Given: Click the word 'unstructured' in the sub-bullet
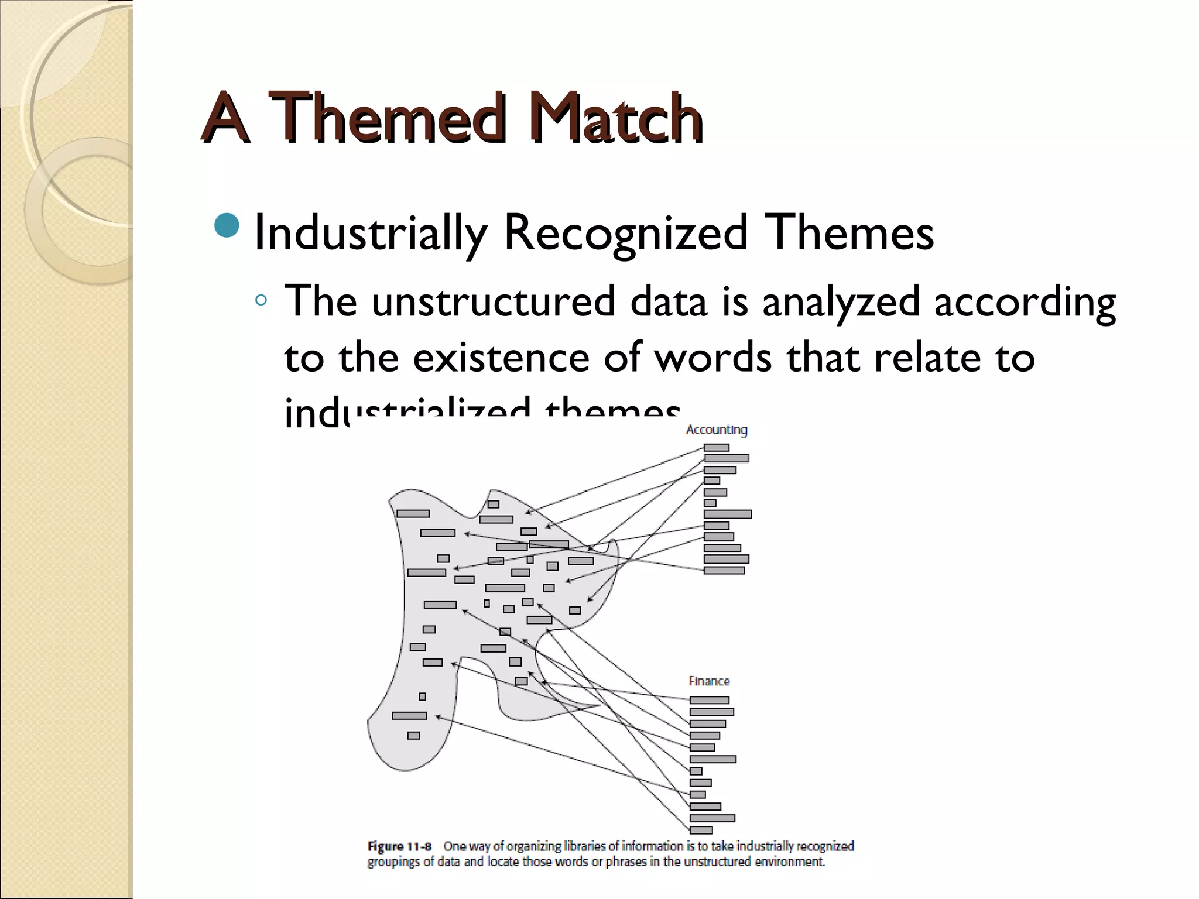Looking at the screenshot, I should click(x=493, y=301).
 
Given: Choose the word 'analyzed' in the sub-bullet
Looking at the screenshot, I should click(x=841, y=303).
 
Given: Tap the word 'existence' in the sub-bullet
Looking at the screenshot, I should click(x=501, y=358).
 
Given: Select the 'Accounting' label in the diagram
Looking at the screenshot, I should click(x=717, y=430).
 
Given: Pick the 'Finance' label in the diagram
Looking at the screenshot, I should click(x=709, y=681).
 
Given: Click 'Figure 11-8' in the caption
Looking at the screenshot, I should click(x=399, y=846).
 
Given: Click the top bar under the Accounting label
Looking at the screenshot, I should click(x=717, y=448).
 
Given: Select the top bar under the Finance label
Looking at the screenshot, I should click(x=709, y=700).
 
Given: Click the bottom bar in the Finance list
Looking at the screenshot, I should click(x=701, y=830).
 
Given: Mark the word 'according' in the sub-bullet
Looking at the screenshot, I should click(x=1025, y=303).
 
